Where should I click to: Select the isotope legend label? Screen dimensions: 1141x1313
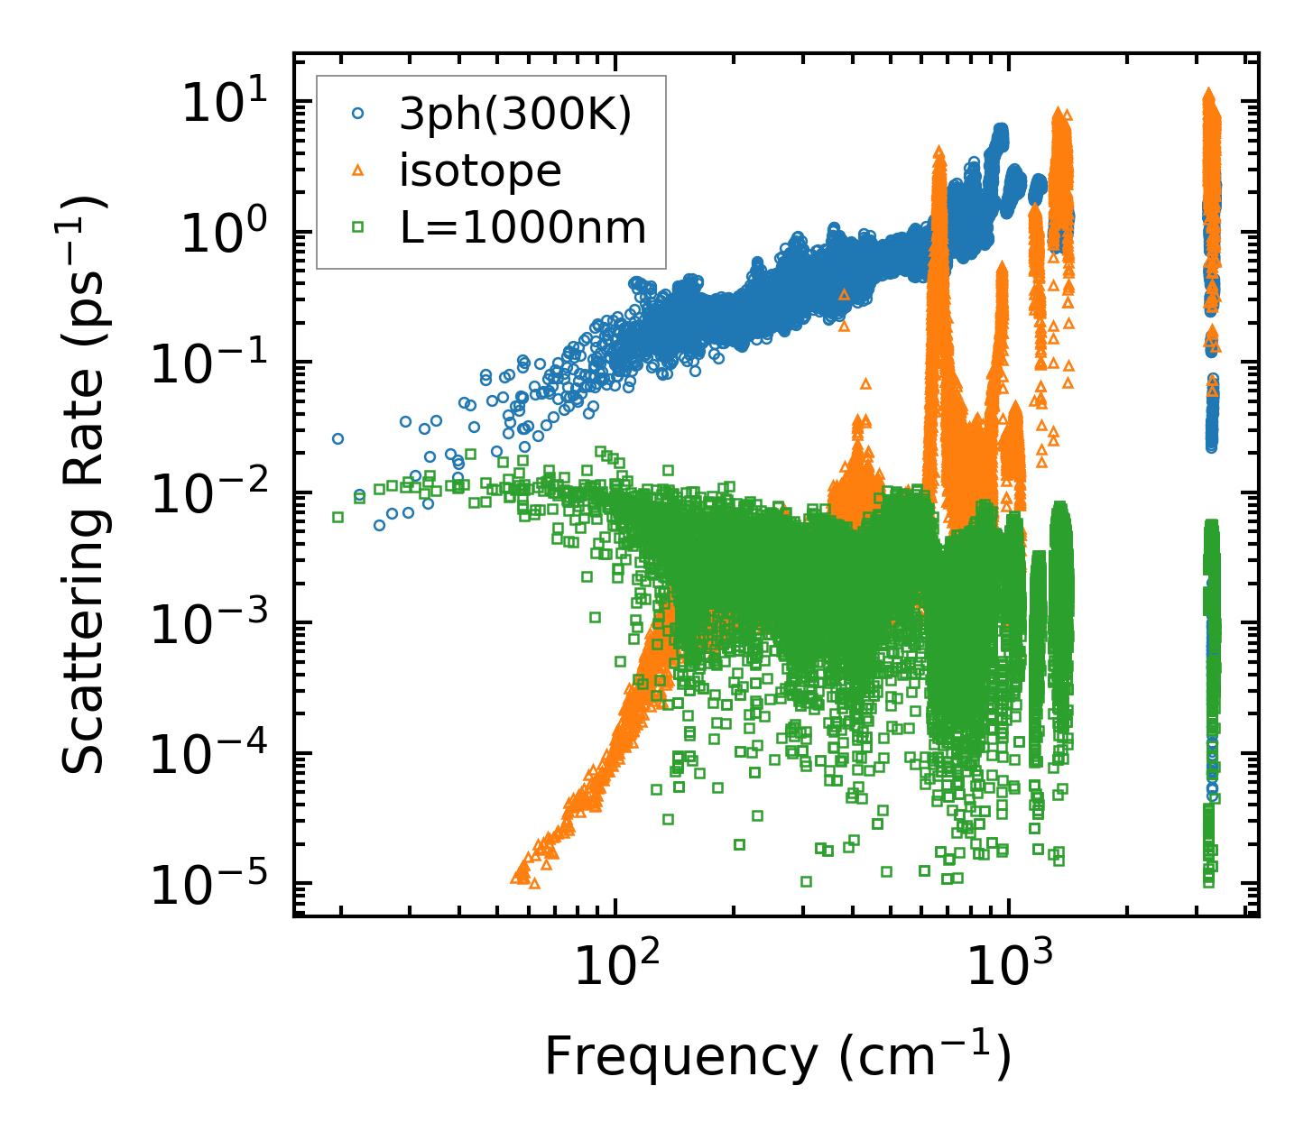(480, 170)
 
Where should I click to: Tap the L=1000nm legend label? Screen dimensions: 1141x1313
(523, 228)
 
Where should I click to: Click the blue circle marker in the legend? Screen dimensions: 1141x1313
(358, 115)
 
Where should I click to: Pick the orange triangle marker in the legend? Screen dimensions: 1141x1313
(358, 170)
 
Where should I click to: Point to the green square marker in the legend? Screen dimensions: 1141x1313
(358, 227)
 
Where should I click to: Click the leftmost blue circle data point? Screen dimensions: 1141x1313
(337, 438)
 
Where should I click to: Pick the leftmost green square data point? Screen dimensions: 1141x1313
(337, 517)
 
